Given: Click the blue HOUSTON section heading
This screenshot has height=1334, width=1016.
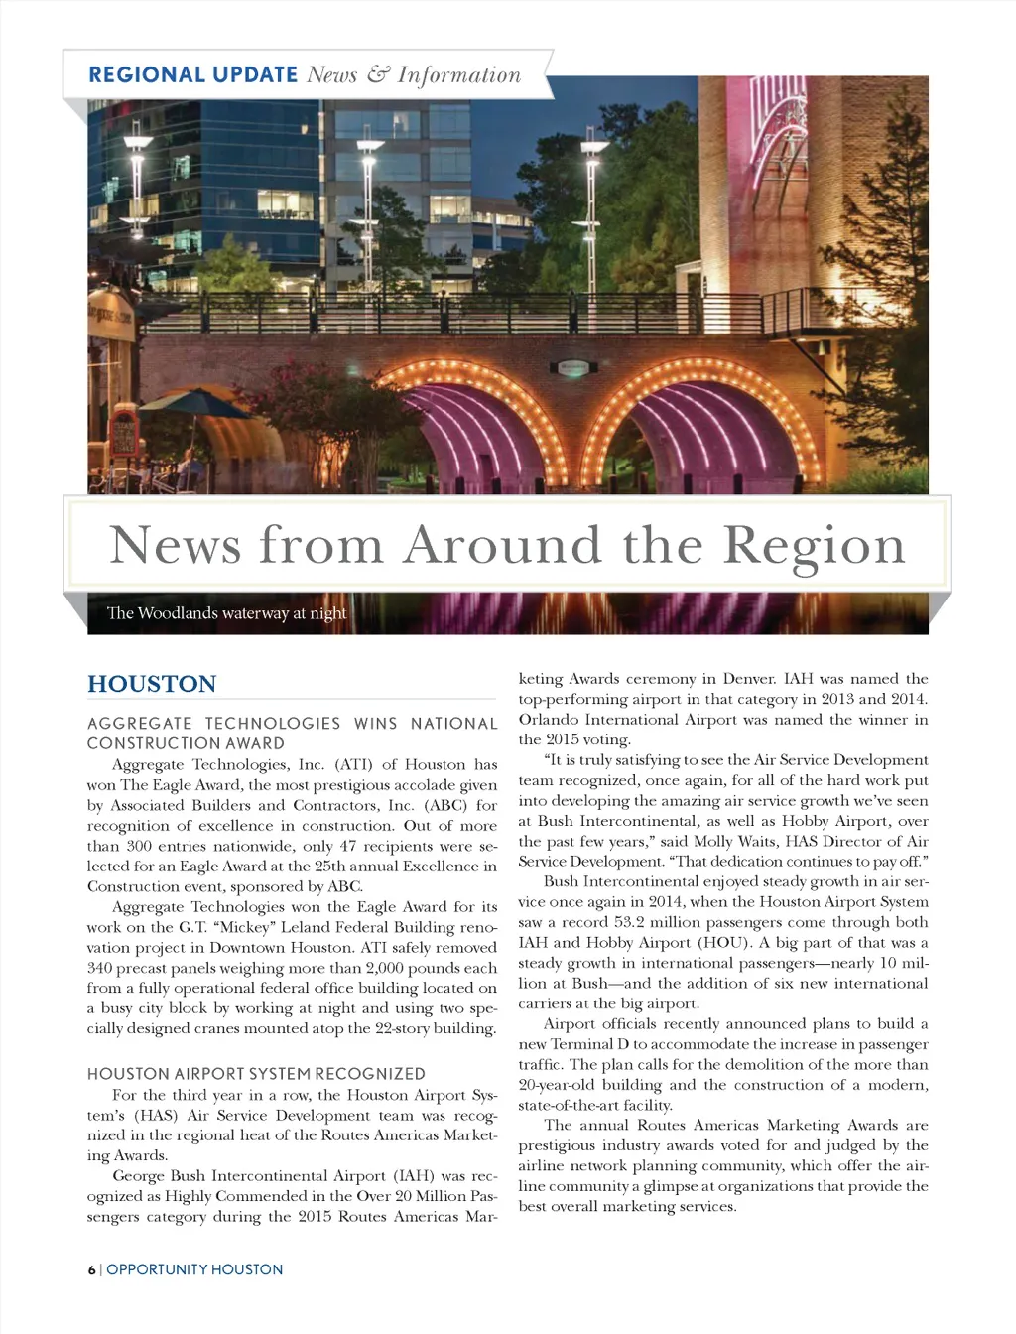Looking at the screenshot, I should (152, 684).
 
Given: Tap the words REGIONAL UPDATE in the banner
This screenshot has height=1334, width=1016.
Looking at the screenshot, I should (192, 74).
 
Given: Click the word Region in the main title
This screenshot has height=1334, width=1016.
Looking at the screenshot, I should (814, 545).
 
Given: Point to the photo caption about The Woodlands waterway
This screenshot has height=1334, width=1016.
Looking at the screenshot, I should (227, 613).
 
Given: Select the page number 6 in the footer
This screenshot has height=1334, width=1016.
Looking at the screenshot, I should (91, 1269).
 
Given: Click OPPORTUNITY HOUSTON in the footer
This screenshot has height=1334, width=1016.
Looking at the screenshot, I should (194, 1269).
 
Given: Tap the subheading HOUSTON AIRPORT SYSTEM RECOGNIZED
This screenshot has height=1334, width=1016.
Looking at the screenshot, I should (256, 1074).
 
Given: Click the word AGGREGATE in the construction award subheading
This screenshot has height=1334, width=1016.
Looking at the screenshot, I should (140, 724).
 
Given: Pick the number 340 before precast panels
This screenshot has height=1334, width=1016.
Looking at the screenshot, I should (100, 968).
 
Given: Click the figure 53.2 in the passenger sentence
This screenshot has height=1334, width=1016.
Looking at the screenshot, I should (636, 922).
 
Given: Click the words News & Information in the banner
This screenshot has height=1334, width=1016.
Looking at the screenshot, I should (414, 74).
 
